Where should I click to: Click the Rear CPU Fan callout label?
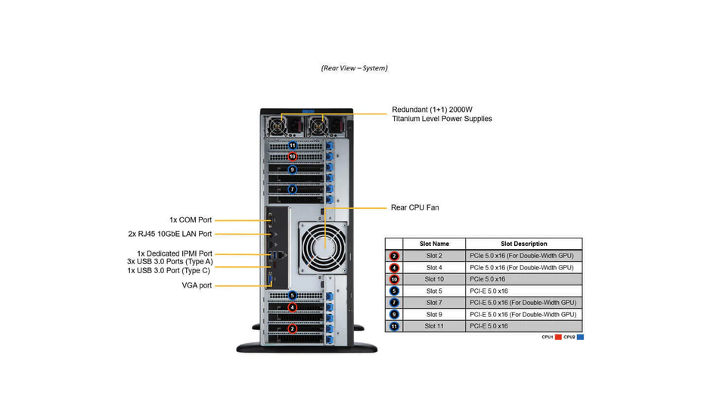click(x=415, y=207)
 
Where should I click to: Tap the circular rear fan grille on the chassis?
click(x=324, y=248)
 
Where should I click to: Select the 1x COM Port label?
click(x=191, y=219)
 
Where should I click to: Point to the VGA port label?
click(x=197, y=285)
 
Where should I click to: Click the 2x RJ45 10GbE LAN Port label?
click(x=170, y=234)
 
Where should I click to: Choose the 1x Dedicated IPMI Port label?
click(x=175, y=254)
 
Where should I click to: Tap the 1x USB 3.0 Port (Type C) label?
click(x=169, y=271)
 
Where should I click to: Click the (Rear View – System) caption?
click(x=354, y=68)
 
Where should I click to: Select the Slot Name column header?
click(x=434, y=244)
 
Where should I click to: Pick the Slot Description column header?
click(x=523, y=244)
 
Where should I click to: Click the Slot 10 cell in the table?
click(x=434, y=279)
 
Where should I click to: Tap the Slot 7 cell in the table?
click(x=434, y=303)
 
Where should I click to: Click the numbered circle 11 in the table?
click(x=394, y=326)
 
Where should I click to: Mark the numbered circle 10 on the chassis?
click(x=292, y=157)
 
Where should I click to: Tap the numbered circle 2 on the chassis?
click(x=292, y=328)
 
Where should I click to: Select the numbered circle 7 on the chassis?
click(x=292, y=189)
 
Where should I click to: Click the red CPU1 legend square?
click(x=558, y=337)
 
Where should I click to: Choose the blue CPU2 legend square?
click(x=580, y=337)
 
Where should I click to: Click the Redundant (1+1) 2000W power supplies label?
click(x=442, y=114)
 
